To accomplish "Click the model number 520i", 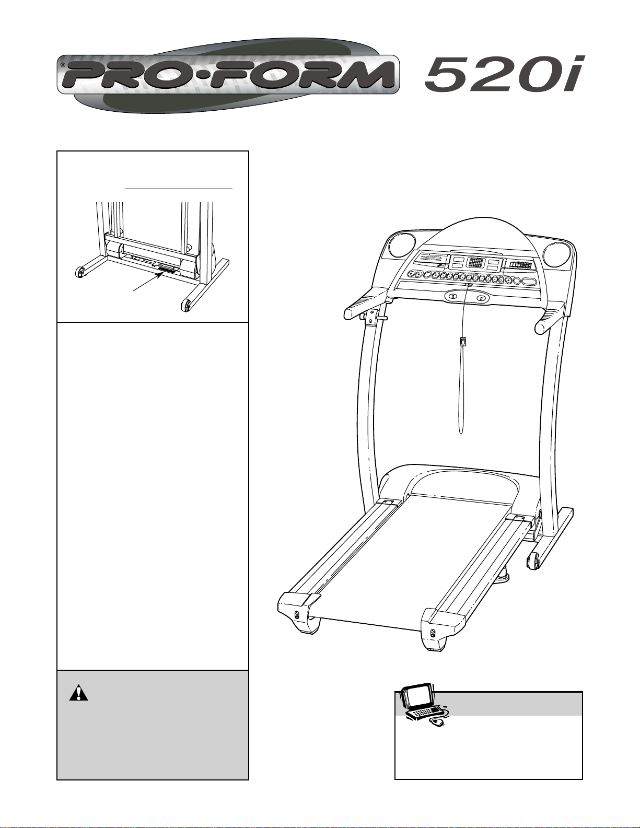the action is (x=502, y=75).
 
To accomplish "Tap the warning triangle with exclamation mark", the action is (x=78, y=693).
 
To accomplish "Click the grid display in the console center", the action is (x=475, y=263).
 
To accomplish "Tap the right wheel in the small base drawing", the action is (x=186, y=305).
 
